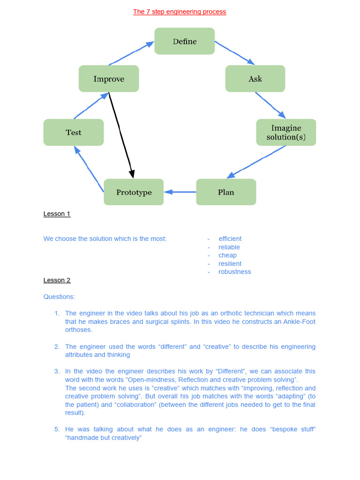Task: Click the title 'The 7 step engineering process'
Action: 180,12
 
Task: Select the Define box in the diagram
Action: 185,41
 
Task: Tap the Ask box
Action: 255,79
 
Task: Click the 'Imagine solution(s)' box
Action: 286,132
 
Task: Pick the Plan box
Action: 226,192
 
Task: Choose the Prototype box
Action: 134,192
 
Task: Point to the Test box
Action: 74,132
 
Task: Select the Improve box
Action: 109,79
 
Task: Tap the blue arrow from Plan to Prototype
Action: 180,192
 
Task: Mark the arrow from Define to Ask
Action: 234,52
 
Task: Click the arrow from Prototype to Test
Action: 89,168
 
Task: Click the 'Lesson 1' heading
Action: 57,214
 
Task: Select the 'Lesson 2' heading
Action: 57,280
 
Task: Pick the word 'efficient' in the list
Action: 230,239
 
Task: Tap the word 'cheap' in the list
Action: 227,255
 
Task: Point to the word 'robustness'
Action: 234,272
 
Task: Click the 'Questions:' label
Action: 59,297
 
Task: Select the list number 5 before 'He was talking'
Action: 57,429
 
